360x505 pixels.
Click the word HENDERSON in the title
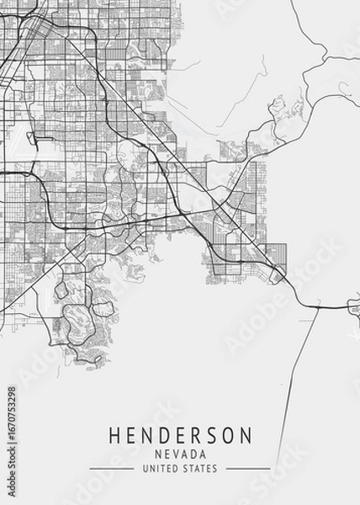click(x=180, y=436)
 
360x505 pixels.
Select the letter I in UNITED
click(x=159, y=468)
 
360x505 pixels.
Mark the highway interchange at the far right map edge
click(x=351, y=308)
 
